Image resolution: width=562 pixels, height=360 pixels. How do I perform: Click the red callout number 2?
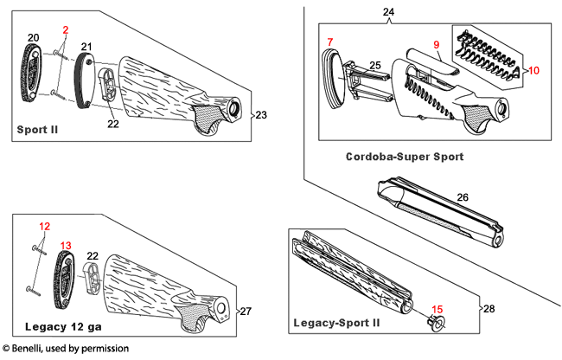pos(64,29)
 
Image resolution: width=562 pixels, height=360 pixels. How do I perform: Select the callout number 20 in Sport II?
pos(33,37)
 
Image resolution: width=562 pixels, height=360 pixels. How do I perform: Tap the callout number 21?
pos(86,46)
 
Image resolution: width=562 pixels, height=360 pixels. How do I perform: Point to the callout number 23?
pos(261,114)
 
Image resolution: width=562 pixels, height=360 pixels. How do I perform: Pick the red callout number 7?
pos(329,42)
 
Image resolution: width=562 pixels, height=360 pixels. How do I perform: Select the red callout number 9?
pos(437,43)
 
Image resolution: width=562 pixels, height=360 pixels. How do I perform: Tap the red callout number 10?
pos(533,69)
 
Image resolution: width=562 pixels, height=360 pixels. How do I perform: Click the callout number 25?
pos(375,66)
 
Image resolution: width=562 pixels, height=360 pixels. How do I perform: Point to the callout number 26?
pos(463,197)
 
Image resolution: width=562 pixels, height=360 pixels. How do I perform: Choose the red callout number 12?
pos(45,226)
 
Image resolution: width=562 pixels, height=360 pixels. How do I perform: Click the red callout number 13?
pos(66,245)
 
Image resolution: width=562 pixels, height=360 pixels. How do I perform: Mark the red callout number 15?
pos(437,308)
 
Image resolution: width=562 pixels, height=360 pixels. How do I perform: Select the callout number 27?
pos(245,311)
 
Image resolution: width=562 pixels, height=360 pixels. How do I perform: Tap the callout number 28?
pos(490,308)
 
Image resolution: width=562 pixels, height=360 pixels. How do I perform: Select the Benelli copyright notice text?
pos(66,349)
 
